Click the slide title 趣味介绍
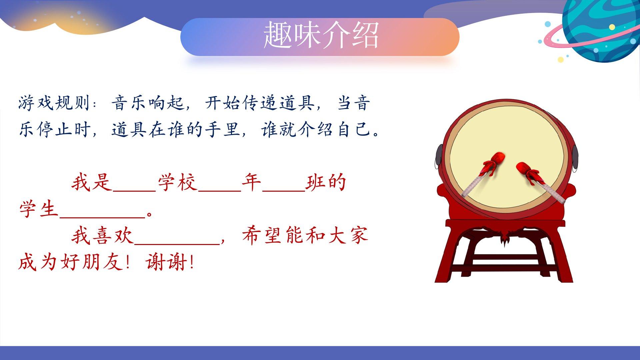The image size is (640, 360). pyautogui.click(x=321, y=35)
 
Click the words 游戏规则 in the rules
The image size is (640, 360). pyautogui.click(x=54, y=103)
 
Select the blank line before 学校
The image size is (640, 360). pyautogui.click(x=135, y=191)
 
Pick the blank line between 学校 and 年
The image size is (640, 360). pyautogui.click(x=220, y=191)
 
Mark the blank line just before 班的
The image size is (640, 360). pyautogui.click(x=284, y=191)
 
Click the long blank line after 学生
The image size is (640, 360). pyautogui.click(x=103, y=218)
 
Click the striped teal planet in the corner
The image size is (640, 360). pyautogui.click(x=602, y=28)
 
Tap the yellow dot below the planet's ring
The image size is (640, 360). pyautogui.click(x=561, y=60)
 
